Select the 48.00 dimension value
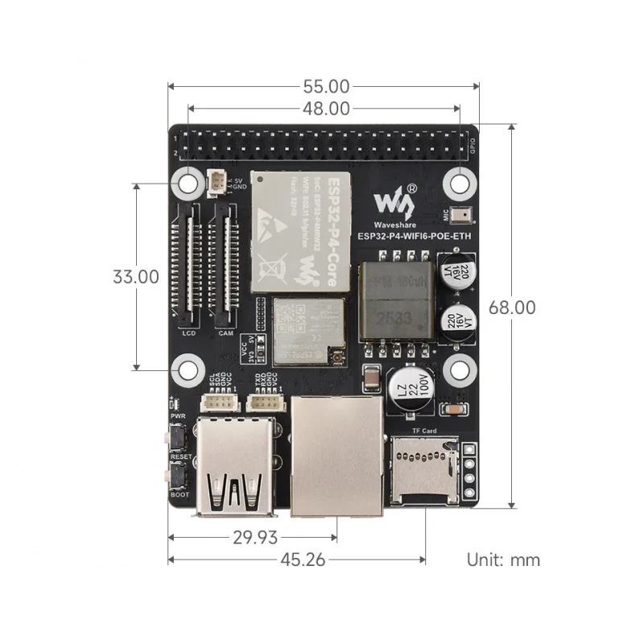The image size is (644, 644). [x=326, y=107]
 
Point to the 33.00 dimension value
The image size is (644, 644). [x=135, y=276]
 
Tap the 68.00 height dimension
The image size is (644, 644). [x=513, y=308]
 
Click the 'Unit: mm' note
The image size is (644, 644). [x=503, y=559]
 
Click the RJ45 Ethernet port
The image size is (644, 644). [x=336, y=456]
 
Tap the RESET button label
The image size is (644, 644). [x=180, y=456]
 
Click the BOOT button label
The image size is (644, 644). [x=180, y=493]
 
